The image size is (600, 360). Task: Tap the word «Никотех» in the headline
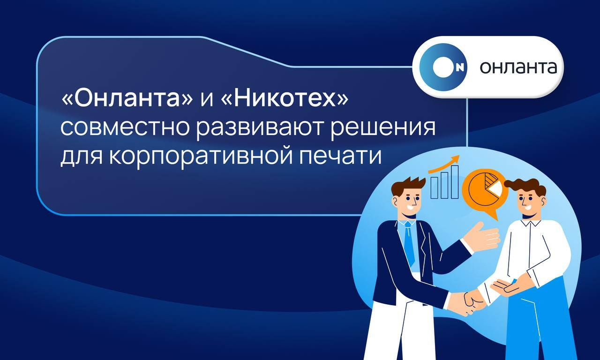(285, 99)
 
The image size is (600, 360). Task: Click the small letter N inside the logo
(460, 68)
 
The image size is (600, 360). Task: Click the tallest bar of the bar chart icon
(455, 182)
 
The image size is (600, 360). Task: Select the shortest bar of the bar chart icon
(434, 187)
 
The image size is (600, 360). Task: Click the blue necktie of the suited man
(409, 243)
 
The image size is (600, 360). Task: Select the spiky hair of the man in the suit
(408, 185)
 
